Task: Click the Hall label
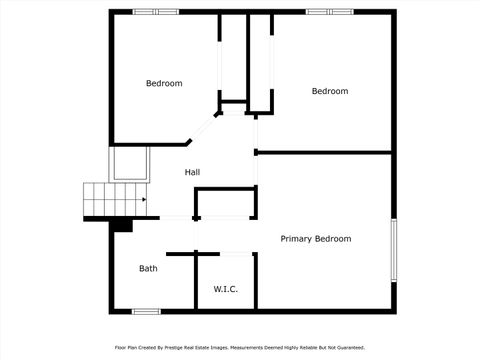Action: (x=192, y=173)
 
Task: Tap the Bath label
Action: (x=148, y=268)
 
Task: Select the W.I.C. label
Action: (x=225, y=289)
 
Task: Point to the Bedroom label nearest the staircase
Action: (x=164, y=83)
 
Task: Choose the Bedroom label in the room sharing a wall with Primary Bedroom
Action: (x=330, y=91)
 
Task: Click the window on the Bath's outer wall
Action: (x=146, y=312)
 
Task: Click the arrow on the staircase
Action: (x=143, y=199)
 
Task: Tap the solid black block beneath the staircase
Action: (x=122, y=225)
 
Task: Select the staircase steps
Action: (x=113, y=200)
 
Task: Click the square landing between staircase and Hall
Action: (x=129, y=162)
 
